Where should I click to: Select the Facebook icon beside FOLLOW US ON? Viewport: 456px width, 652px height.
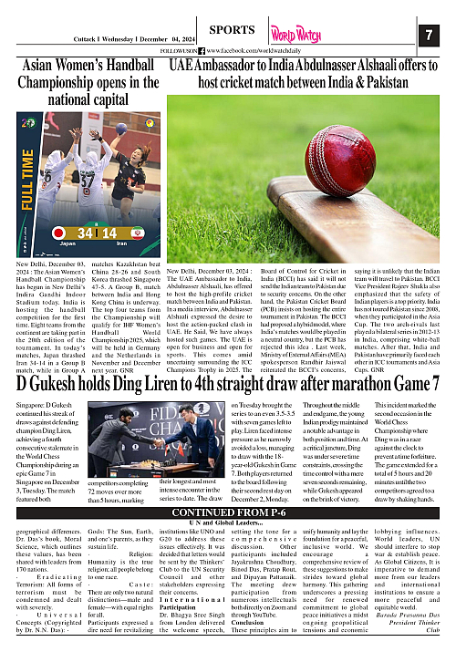[202, 51]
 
